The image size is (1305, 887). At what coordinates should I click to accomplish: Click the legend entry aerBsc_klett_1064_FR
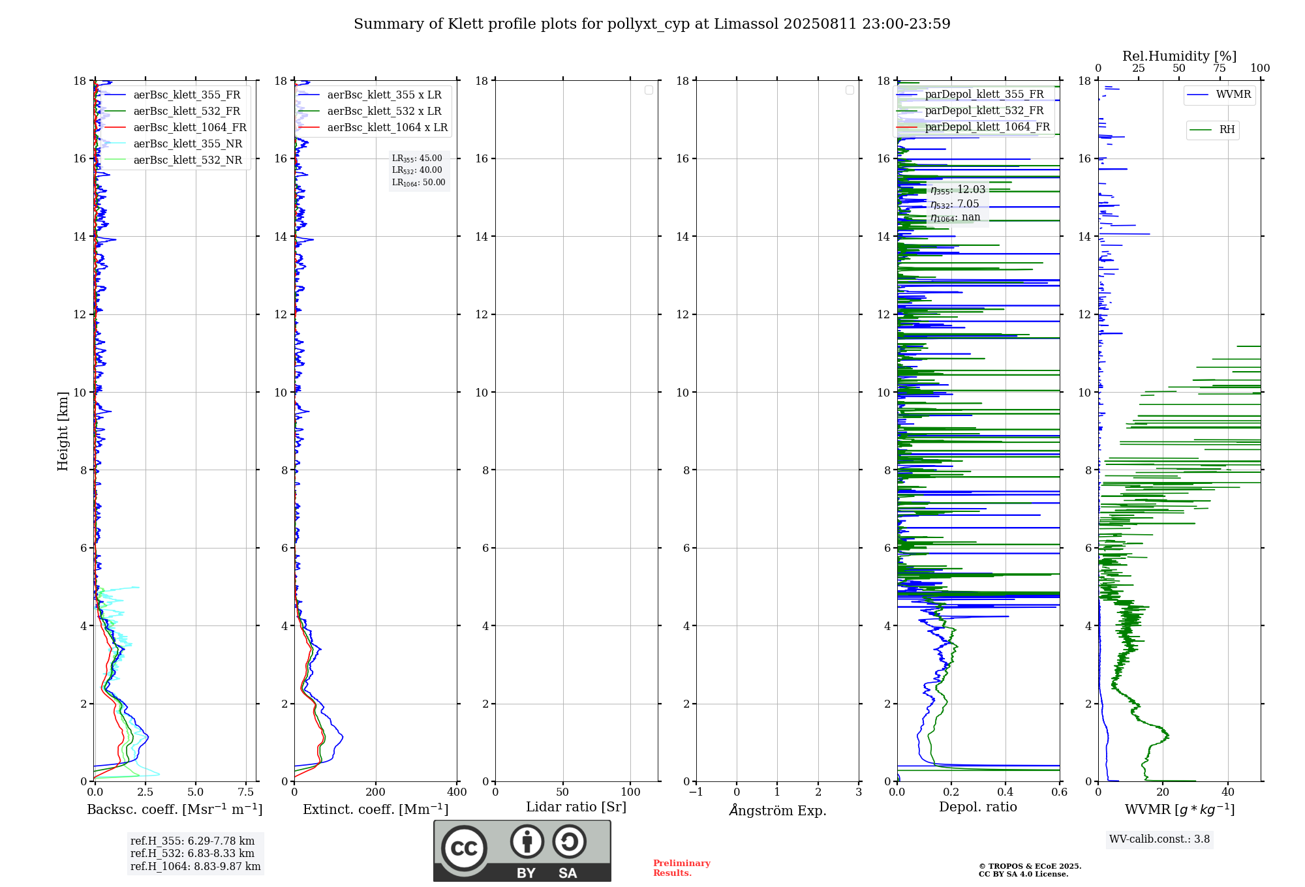point(190,128)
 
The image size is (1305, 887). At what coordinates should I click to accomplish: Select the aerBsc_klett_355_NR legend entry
point(187,144)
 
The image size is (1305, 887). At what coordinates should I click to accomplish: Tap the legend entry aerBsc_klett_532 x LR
point(384,112)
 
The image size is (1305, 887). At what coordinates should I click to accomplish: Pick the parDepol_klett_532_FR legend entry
point(984,111)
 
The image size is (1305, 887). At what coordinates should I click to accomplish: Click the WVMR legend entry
point(1233,95)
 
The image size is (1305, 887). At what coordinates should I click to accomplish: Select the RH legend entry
point(1227,130)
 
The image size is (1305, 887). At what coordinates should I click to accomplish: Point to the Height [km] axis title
point(63,431)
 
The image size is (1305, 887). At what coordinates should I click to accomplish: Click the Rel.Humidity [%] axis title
point(1179,56)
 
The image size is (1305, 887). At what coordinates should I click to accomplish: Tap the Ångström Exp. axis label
point(778,811)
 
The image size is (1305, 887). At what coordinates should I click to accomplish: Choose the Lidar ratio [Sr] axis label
point(576,807)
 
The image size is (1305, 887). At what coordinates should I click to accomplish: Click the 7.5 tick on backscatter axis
point(246,792)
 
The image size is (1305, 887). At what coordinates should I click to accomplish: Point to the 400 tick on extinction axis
point(457,792)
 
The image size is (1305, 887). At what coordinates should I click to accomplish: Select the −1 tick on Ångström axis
point(696,792)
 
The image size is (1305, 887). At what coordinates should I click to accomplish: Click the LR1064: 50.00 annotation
point(418,183)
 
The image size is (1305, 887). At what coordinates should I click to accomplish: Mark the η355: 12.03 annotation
point(958,190)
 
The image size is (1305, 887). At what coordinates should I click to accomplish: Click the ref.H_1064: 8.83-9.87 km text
point(195,867)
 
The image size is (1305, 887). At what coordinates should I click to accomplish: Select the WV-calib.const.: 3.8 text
point(1159,839)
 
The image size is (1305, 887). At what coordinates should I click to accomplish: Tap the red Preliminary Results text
point(681,868)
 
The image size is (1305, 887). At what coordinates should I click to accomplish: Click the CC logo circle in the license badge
point(464,849)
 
